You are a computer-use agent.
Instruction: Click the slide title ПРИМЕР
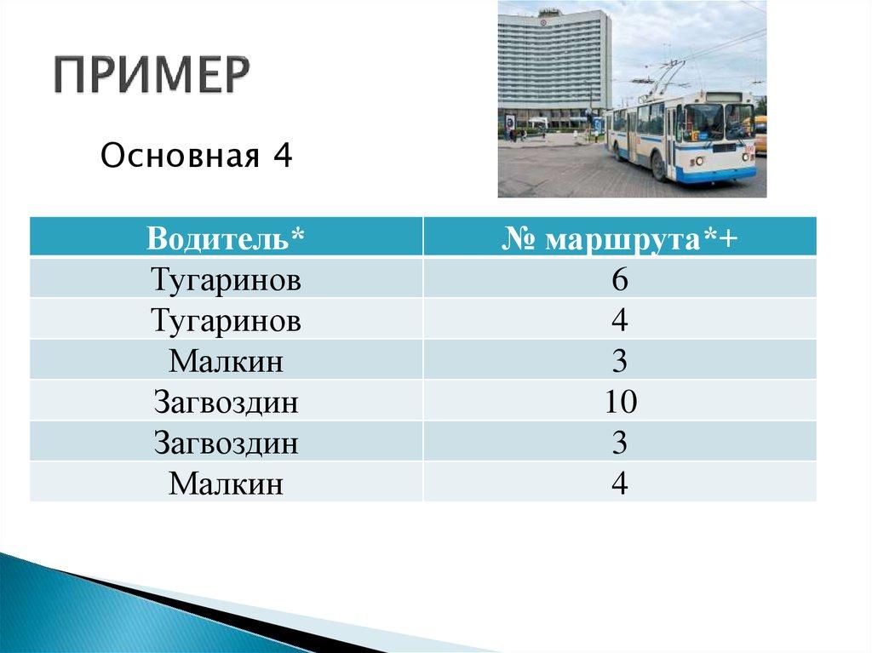pyautogui.click(x=153, y=77)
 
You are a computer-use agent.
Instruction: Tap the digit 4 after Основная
pyautogui.click(x=282, y=157)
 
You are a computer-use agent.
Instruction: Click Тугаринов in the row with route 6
pyautogui.click(x=226, y=279)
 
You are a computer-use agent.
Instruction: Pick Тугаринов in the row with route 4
pyautogui.click(x=226, y=320)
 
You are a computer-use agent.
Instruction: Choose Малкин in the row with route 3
pyautogui.click(x=226, y=361)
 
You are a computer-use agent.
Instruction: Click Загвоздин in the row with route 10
pyautogui.click(x=226, y=402)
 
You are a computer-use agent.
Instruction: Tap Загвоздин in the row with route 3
pyautogui.click(x=226, y=443)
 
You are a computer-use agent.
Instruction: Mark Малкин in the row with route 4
pyautogui.click(x=226, y=484)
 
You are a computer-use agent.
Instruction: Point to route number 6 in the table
pyautogui.click(x=619, y=279)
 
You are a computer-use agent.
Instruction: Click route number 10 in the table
pyautogui.click(x=619, y=402)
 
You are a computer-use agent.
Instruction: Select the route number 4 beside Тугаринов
pyautogui.click(x=619, y=320)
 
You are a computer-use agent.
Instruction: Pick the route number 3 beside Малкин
pyautogui.click(x=619, y=361)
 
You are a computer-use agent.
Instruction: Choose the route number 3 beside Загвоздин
pyautogui.click(x=619, y=443)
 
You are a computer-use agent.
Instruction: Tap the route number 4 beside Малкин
pyautogui.click(x=619, y=484)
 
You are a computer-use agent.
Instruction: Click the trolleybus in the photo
pyautogui.click(x=681, y=136)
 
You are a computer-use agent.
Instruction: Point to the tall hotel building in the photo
pyautogui.click(x=554, y=64)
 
